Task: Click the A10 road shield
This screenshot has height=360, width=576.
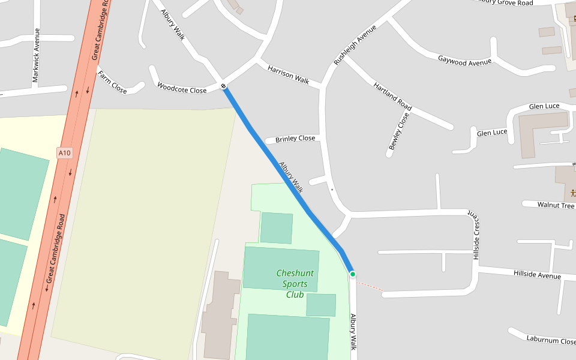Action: [x=65, y=153]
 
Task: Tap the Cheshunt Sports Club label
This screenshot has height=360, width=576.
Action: [x=295, y=284]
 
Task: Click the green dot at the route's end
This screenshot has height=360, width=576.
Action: [x=353, y=274]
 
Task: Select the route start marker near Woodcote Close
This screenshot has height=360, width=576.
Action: [x=224, y=86]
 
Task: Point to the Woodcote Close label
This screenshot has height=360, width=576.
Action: [x=182, y=88]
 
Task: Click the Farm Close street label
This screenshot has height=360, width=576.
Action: [x=112, y=82]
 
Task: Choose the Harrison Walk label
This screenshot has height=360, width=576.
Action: [x=288, y=75]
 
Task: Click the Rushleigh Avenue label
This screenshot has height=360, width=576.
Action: [x=355, y=45]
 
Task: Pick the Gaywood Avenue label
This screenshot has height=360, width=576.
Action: [x=464, y=61]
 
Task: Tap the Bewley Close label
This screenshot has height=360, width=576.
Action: [x=398, y=131]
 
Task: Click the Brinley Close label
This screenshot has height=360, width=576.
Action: [x=295, y=139]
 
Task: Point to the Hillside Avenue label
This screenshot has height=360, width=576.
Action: [x=537, y=275]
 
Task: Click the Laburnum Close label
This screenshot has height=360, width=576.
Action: [x=551, y=340]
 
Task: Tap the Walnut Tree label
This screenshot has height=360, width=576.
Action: [x=556, y=205]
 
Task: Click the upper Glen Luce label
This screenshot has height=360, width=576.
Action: [x=544, y=106]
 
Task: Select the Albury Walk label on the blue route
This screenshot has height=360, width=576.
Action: [x=290, y=176]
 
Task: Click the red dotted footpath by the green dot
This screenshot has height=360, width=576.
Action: [x=370, y=285]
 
